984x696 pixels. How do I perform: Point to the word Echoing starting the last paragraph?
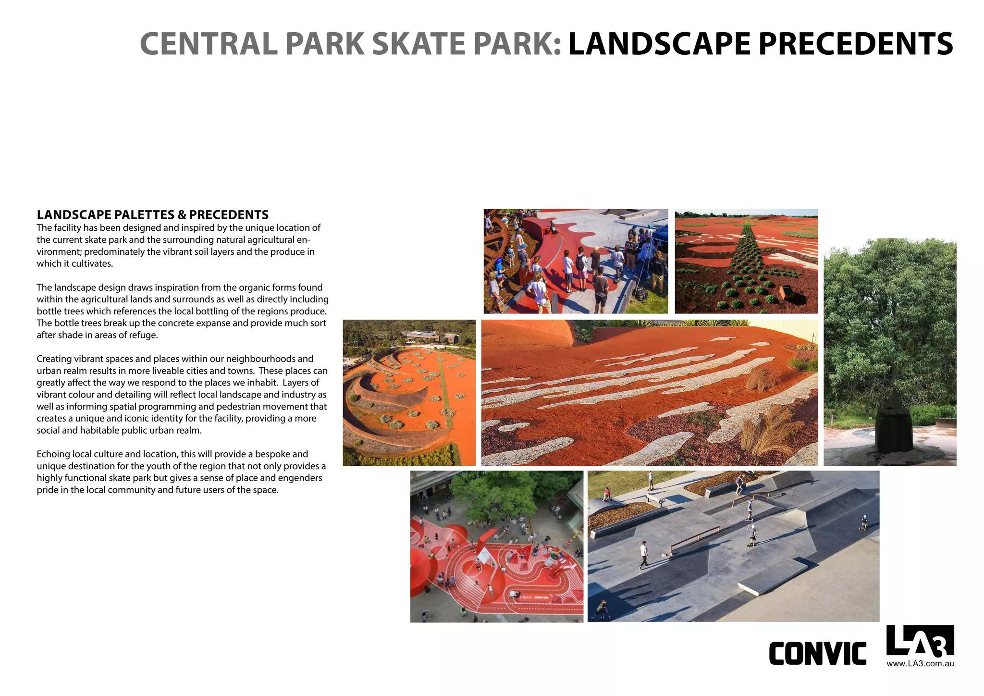click(52, 454)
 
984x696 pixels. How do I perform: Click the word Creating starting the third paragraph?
click(54, 359)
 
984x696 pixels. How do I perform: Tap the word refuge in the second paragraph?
click(142, 335)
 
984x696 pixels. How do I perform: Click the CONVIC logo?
click(817, 654)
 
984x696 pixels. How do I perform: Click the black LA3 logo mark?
click(920, 641)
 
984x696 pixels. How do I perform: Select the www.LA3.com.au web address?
click(920, 664)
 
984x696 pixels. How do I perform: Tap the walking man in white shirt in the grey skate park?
click(643, 553)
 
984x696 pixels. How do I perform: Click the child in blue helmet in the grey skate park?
click(864, 522)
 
